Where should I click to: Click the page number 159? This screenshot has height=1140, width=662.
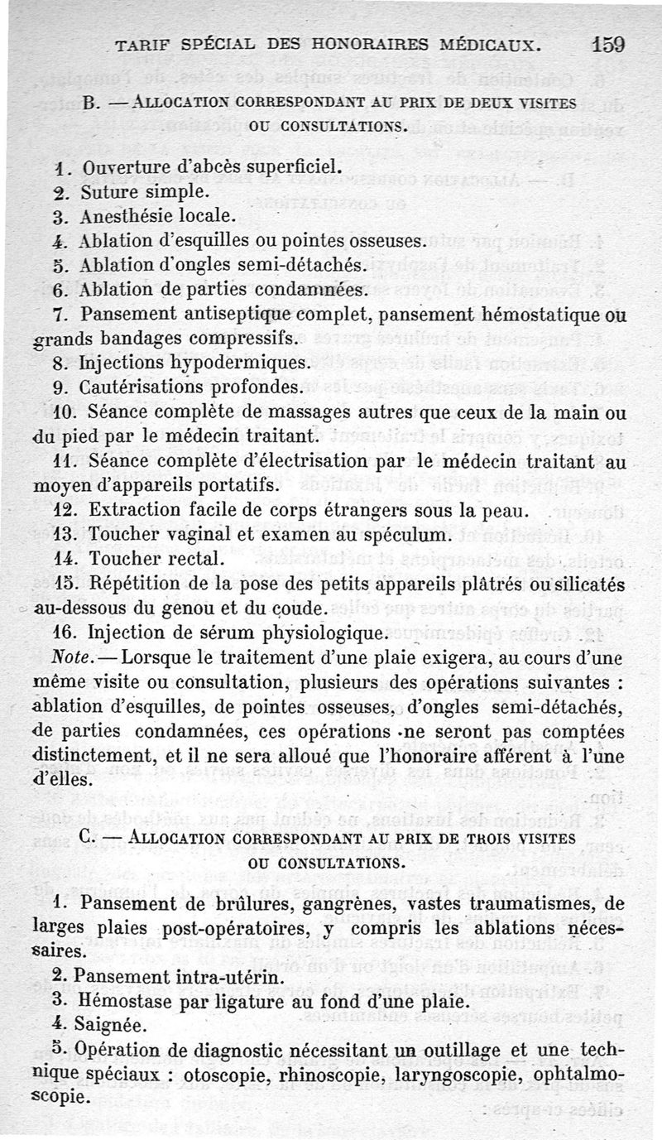608,44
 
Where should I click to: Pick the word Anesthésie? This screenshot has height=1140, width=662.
128,216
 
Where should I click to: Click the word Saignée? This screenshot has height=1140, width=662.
112,1023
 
